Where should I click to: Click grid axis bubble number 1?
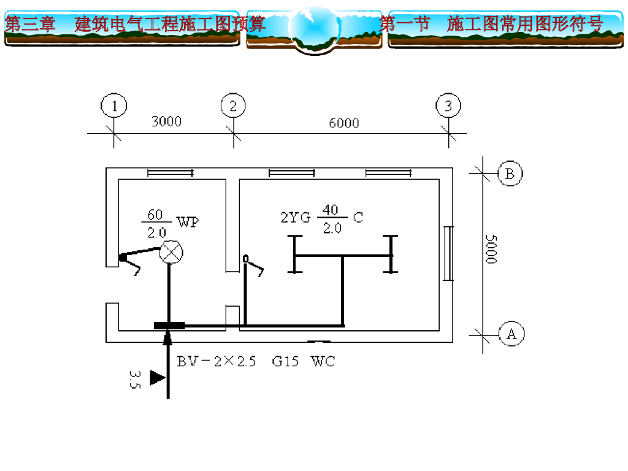[113, 106]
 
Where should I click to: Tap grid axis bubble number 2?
[233, 106]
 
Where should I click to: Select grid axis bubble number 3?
[448, 106]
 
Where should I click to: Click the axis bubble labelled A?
[511, 334]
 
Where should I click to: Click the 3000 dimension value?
[166, 121]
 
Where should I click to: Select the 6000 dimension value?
[343, 123]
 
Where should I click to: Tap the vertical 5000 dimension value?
[490, 248]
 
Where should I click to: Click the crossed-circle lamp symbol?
[171, 251]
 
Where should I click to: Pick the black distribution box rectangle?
[169, 326]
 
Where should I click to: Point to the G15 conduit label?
[285, 361]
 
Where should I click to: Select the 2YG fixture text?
[296, 216]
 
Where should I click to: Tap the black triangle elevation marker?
[157, 378]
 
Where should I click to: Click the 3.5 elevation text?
[136, 378]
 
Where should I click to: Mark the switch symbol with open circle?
[246, 259]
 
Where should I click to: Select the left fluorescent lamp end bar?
[294, 254]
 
